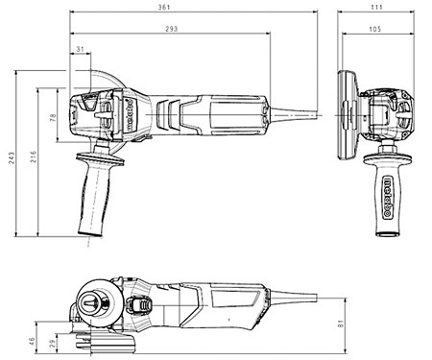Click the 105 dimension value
coord(381,29)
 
